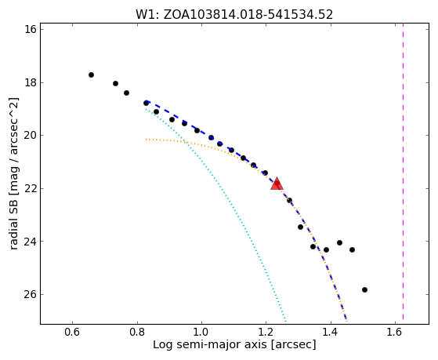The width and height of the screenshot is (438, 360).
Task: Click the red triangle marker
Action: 277,184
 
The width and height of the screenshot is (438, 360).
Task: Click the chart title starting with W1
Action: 234,15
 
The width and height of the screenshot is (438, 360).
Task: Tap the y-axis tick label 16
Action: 31,29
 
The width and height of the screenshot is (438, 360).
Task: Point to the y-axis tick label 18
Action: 31,83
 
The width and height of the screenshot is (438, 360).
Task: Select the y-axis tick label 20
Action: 31,136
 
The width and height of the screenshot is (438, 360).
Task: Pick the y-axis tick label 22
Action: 31,188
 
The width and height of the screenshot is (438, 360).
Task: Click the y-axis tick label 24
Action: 31,242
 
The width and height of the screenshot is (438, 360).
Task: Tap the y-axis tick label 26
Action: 31,295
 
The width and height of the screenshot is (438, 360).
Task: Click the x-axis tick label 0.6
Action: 73,332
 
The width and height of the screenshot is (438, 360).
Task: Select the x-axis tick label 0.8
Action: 137,332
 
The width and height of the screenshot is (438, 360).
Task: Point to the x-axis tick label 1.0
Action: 201,332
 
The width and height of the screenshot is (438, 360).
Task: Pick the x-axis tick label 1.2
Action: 266,332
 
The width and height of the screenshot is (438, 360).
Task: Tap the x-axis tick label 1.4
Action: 331,332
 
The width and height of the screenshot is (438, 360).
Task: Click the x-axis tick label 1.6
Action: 395,332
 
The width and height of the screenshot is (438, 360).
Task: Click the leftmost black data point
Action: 91,75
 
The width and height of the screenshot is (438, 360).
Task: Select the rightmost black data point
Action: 364,289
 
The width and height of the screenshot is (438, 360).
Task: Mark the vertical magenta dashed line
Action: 403,171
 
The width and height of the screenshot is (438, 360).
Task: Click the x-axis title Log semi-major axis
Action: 210,345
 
